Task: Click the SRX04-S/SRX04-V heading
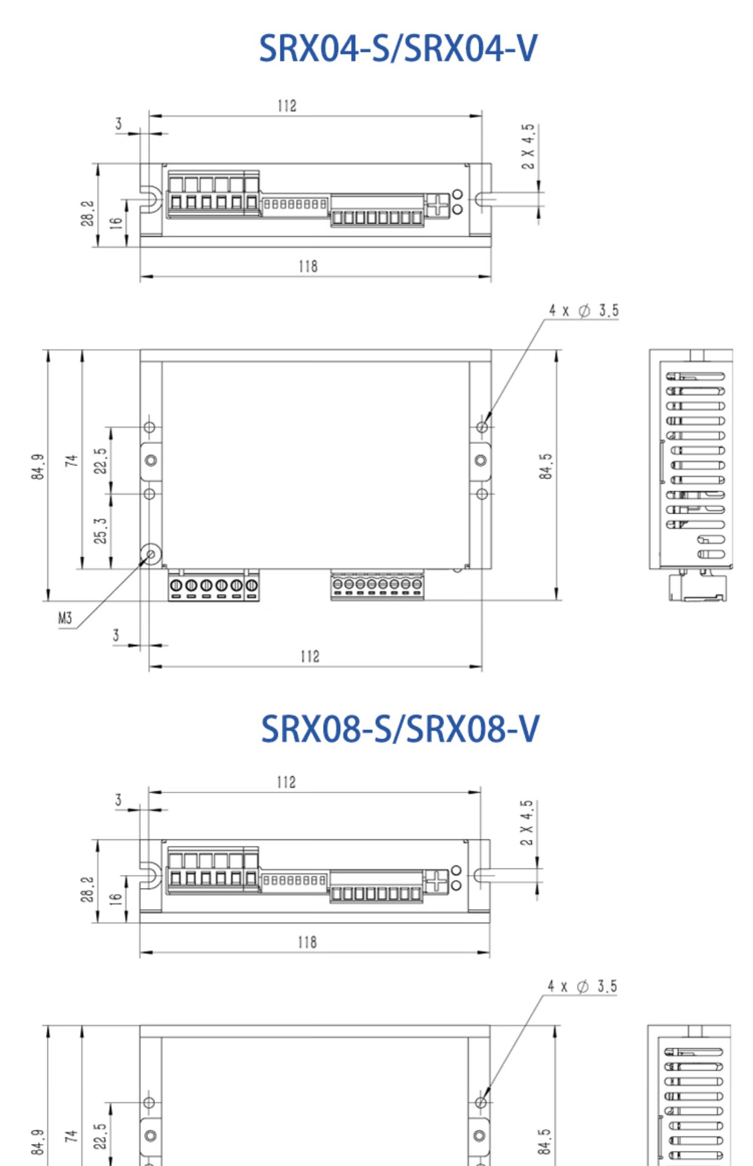(x=398, y=48)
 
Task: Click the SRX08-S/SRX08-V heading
(x=400, y=728)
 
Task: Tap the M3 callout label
(x=65, y=618)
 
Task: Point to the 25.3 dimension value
(x=100, y=531)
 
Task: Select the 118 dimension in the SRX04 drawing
(x=308, y=266)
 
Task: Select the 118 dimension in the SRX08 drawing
(x=307, y=942)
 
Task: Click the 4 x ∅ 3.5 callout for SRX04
(x=584, y=310)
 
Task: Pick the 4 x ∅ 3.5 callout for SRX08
(x=582, y=986)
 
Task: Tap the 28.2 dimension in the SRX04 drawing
(x=87, y=213)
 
